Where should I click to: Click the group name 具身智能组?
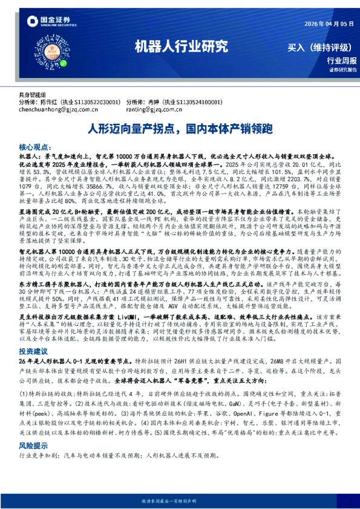coord(33,96)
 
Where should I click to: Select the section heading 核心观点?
coord(37,147)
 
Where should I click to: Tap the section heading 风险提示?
coord(34,460)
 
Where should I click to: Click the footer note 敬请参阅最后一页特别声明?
coord(180,501)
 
